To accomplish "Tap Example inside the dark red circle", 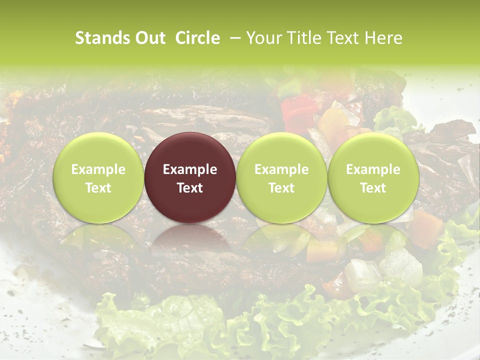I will coord(190,169).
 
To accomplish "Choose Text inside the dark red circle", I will coord(190,188).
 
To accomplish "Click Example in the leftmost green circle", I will coord(98,169).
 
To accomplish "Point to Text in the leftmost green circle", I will coord(98,188).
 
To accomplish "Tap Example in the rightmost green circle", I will coord(373,169).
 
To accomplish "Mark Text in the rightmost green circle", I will coord(373,188).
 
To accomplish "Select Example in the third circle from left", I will coord(281,169).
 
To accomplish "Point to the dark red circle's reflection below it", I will coord(190,240).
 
